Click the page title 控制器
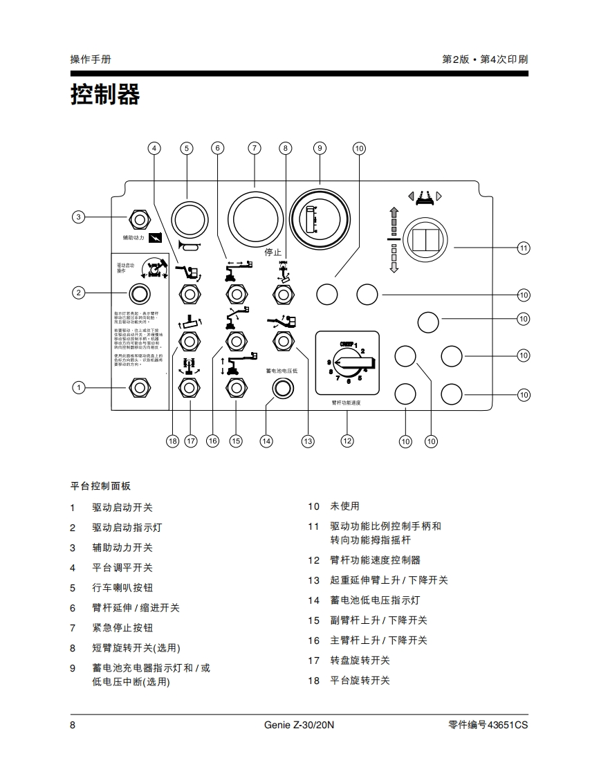pos(105,95)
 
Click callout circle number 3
pos(79,217)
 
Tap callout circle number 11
pos(524,248)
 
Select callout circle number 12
pos(347,441)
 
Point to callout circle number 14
pos(266,441)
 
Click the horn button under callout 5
pos(188,219)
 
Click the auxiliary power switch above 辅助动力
pos(140,219)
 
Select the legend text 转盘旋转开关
pos(360,660)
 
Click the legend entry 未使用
pos(344,506)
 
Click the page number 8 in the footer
pos(73,726)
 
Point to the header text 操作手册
pos(91,59)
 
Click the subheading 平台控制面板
pos(100,486)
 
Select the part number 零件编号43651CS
pos(488,726)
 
